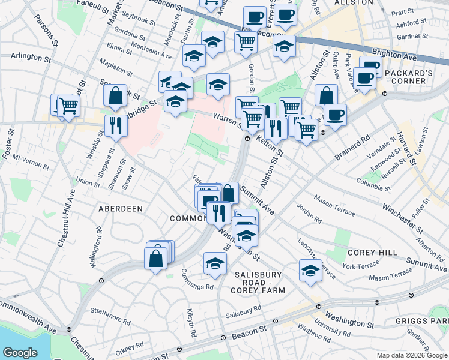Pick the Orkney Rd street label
(x=130, y=346)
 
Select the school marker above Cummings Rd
(x=215, y=263)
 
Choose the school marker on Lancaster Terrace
(x=310, y=270)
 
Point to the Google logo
(x=20, y=353)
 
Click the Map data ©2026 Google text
(x=411, y=355)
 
